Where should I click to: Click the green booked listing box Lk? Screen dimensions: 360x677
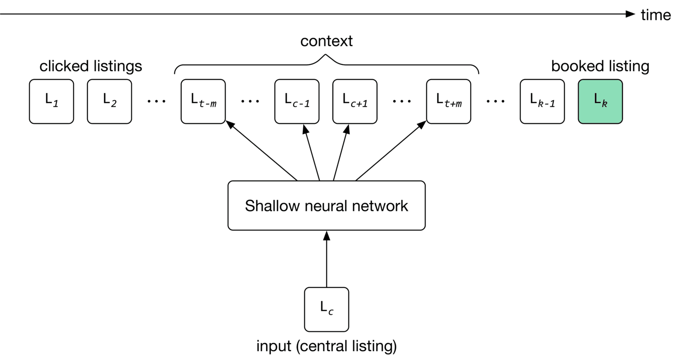(x=600, y=101)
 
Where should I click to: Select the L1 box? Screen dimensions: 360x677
(x=51, y=101)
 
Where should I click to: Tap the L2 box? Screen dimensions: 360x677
(x=109, y=101)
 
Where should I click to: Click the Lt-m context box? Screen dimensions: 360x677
(x=203, y=101)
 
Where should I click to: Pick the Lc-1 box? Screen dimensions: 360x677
(x=297, y=101)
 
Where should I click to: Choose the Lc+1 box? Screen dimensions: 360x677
(x=355, y=101)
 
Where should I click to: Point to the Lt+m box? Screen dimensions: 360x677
(x=448, y=101)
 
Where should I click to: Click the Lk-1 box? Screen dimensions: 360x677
(x=542, y=101)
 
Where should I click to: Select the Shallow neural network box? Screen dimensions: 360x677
(x=326, y=206)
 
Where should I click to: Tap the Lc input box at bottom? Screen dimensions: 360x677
(x=326, y=309)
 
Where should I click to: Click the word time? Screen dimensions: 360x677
(x=655, y=15)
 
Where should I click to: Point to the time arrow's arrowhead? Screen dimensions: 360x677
(x=631, y=14)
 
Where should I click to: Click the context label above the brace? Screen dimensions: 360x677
(x=326, y=41)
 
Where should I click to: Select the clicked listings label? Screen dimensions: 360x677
(x=90, y=66)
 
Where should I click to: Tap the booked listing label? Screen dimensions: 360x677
(x=600, y=66)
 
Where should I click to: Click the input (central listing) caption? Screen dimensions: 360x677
(x=326, y=346)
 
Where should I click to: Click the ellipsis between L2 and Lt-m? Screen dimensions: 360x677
(x=156, y=101)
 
